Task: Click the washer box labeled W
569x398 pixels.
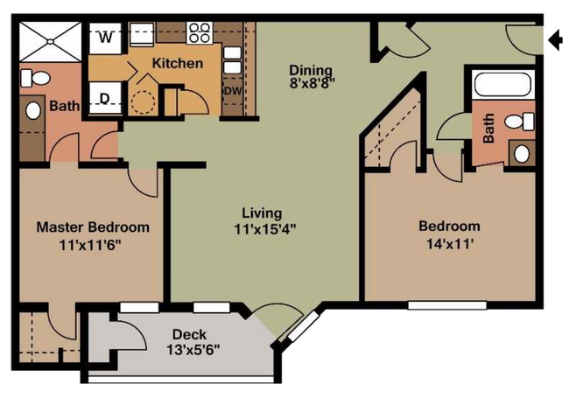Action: point(105,38)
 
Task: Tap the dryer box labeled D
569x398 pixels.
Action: point(105,98)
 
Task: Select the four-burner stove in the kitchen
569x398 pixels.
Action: point(200,32)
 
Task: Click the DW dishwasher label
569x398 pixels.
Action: point(232,91)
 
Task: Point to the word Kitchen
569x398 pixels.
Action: point(178,64)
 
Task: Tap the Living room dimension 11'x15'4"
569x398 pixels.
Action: point(265,229)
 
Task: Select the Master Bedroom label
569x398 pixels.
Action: point(93,227)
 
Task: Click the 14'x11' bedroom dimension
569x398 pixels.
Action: point(450,244)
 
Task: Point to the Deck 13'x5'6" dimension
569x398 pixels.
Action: point(193,350)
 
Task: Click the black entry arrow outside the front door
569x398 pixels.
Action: point(555,39)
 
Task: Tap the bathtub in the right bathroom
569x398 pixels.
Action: point(502,85)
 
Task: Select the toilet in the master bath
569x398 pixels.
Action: point(35,78)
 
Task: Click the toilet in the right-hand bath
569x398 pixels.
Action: point(520,122)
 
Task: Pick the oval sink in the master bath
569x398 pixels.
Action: point(33,110)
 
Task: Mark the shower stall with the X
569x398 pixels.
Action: point(51,42)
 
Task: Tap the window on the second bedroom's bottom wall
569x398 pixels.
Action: point(447,305)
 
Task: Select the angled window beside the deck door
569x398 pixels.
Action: point(304,327)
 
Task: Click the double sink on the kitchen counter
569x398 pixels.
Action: point(232,59)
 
